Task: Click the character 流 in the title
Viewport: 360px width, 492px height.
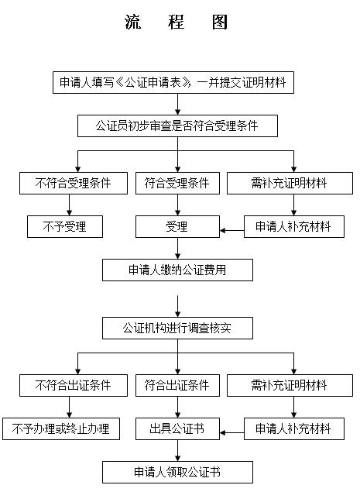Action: (x=132, y=22)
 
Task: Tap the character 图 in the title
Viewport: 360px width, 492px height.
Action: (x=220, y=22)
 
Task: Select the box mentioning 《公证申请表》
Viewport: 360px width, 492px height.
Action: (x=173, y=83)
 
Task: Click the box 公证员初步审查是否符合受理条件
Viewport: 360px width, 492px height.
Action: (x=177, y=126)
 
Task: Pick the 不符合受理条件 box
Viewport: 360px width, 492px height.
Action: (x=74, y=184)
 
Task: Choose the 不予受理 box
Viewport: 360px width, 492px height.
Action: (x=65, y=226)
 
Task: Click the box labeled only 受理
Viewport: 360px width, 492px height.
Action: (x=177, y=226)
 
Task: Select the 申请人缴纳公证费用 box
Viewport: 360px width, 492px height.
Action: (x=177, y=270)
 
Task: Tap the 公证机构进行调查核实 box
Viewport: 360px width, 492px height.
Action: (x=177, y=329)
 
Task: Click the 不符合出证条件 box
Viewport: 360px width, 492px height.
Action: (x=74, y=385)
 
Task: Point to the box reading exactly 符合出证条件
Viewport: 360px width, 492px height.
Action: (x=177, y=385)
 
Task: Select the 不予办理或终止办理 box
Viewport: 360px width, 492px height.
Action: (x=61, y=428)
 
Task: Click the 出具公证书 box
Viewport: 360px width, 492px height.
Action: (x=177, y=428)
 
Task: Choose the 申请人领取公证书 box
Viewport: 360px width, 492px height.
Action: (x=177, y=472)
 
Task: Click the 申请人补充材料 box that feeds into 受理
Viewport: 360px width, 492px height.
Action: (x=294, y=226)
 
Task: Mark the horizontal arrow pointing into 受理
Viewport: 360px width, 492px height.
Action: (x=232, y=231)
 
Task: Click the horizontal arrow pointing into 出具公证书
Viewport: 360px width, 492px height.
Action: (x=232, y=433)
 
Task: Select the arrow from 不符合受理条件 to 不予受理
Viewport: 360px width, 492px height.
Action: (x=70, y=205)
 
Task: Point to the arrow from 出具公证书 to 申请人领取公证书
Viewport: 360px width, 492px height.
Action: (x=177, y=450)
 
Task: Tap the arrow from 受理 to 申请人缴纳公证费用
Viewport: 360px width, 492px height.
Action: (x=177, y=248)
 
